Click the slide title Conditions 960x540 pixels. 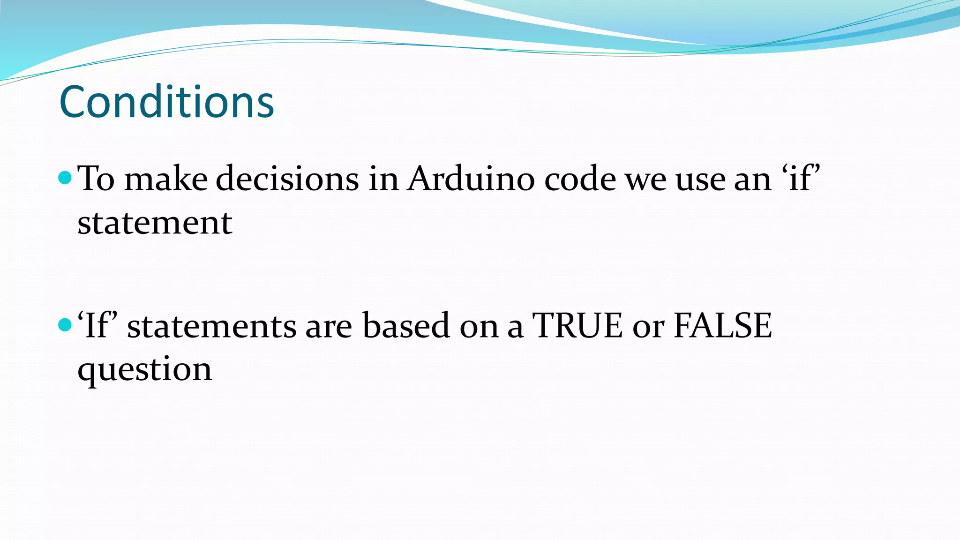[x=166, y=102]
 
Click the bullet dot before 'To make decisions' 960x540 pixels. [x=65, y=177]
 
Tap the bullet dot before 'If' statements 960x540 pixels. [x=65, y=324]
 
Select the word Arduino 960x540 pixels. [x=471, y=179]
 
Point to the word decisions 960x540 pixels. [x=287, y=179]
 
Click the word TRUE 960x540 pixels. [x=577, y=325]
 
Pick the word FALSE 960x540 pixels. [x=722, y=325]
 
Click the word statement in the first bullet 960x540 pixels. [x=155, y=223]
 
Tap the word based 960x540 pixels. [x=406, y=325]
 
